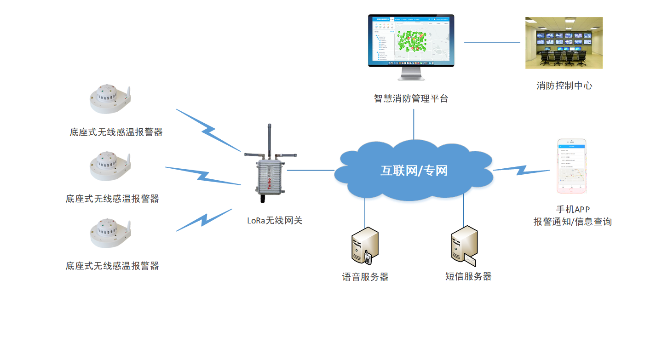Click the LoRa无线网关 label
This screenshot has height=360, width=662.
275,220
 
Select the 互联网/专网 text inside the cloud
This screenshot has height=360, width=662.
414,171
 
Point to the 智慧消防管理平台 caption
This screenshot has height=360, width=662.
411,98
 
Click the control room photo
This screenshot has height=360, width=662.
564,43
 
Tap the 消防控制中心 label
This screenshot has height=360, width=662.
564,86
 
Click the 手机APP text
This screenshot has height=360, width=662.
572,210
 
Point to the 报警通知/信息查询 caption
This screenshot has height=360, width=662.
572,222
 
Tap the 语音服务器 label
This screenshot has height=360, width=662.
365,277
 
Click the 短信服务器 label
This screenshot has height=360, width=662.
468,276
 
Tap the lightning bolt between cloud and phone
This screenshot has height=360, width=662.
521,170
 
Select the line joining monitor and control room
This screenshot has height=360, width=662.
492,43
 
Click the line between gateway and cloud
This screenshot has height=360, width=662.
311,170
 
